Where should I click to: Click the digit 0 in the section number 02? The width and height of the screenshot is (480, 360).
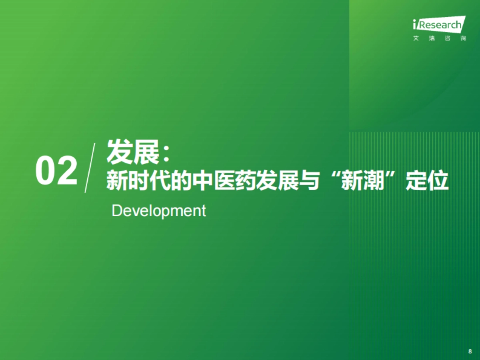[46, 171]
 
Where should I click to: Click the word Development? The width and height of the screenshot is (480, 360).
[159, 211]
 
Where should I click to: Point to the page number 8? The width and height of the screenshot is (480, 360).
[470, 351]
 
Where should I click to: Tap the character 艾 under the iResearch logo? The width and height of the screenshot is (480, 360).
[416, 39]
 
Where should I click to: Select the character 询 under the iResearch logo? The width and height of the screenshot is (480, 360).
[463, 39]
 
